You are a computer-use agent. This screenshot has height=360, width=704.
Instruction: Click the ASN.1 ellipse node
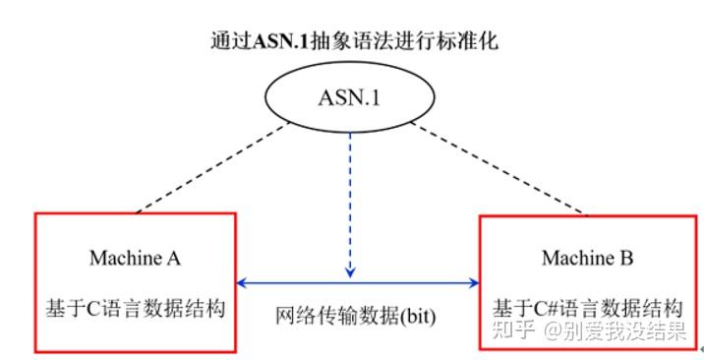click(352, 99)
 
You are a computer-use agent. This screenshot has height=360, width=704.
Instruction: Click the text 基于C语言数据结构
click(136, 307)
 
